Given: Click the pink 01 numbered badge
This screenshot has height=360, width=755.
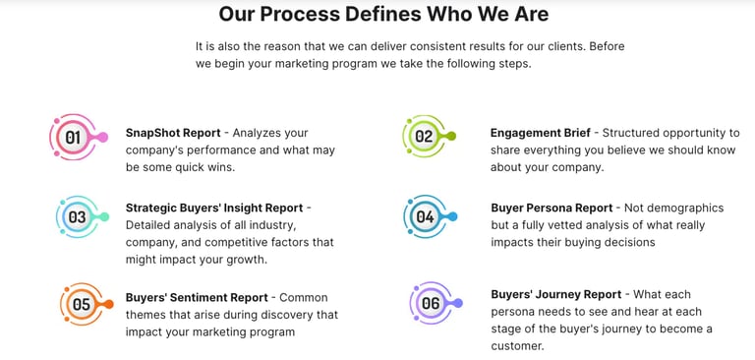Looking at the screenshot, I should tap(73, 138).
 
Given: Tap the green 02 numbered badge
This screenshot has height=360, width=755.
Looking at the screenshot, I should tap(424, 137).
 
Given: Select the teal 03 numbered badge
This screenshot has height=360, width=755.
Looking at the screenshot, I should tap(77, 216).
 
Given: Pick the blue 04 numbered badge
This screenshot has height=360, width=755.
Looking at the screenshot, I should tap(425, 216).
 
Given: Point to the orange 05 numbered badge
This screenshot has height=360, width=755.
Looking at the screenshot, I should tap(81, 304).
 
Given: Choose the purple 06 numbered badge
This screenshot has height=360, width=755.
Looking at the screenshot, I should tap(431, 303).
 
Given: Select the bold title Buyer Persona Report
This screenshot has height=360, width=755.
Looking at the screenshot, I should tap(552, 209).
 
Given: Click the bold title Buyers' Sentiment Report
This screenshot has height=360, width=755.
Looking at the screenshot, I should tap(197, 298).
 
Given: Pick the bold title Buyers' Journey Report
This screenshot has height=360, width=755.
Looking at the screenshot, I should tap(555, 294).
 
